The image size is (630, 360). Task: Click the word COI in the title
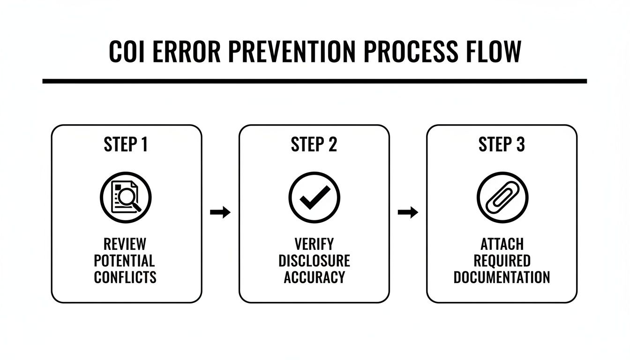pos(127,52)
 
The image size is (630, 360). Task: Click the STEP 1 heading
pos(126,145)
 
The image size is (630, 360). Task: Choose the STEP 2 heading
pos(314,145)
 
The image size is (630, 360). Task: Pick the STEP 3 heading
pos(501,145)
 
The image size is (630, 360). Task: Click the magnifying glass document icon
pos(126,197)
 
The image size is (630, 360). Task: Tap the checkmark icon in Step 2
pos(314,197)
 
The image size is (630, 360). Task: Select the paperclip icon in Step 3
pos(502,197)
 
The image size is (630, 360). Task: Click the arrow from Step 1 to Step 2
pos(220,213)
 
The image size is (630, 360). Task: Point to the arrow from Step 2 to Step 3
pos(407,213)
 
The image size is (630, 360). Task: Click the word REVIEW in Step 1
pos(125,244)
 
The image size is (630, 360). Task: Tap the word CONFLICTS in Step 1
pos(125,277)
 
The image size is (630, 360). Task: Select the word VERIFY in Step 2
pos(314,244)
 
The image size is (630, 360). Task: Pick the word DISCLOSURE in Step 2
pos(314,261)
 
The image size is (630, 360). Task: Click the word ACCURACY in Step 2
pos(314,277)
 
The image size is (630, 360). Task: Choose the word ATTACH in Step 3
pos(501,244)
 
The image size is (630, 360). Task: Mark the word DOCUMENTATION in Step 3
pos(501,277)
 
